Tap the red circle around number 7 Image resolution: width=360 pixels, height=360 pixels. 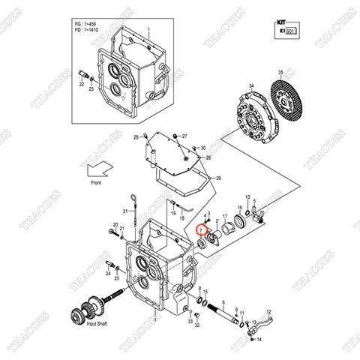click(201, 231)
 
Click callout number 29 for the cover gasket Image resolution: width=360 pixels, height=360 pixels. click(217, 178)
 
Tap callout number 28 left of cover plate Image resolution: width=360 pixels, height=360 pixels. click(136, 139)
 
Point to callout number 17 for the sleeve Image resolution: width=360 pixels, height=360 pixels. click(223, 217)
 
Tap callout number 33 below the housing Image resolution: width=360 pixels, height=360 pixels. click(189, 317)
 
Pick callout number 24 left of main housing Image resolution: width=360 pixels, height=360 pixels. click(107, 263)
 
